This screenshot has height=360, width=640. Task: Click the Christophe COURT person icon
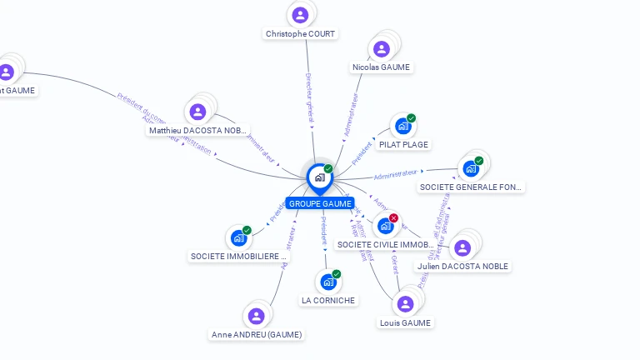point(300,14)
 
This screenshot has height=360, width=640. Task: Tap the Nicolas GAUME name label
point(382,67)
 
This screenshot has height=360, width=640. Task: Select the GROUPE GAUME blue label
point(320,203)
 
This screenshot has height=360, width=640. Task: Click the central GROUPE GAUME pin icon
point(319,177)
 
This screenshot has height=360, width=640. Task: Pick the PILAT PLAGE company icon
point(403,127)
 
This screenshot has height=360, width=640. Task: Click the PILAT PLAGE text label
point(403,144)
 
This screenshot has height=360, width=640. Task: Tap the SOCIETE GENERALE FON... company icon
point(471,169)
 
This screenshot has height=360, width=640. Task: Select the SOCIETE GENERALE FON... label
point(471,187)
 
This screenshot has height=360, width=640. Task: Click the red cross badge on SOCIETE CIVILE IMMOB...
point(393,218)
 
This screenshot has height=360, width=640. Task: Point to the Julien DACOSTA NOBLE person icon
point(462,247)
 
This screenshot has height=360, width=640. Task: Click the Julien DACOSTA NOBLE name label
point(462,266)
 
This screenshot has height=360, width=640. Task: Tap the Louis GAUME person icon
point(406,304)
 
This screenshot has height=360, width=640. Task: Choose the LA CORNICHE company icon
point(328,282)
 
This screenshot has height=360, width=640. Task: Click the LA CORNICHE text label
point(328,300)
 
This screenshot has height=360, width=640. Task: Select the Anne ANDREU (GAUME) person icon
point(256,316)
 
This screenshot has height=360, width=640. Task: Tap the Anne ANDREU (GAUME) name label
point(257,334)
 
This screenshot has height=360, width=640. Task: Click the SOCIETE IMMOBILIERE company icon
point(239,238)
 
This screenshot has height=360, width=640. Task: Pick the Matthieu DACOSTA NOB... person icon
point(197,112)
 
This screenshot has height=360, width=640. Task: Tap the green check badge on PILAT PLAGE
point(411,118)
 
